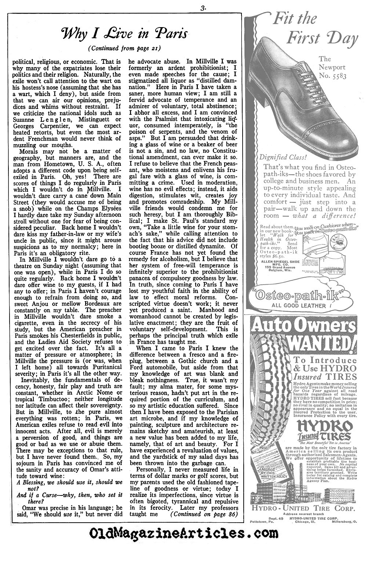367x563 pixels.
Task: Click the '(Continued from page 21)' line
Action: point(125,48)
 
